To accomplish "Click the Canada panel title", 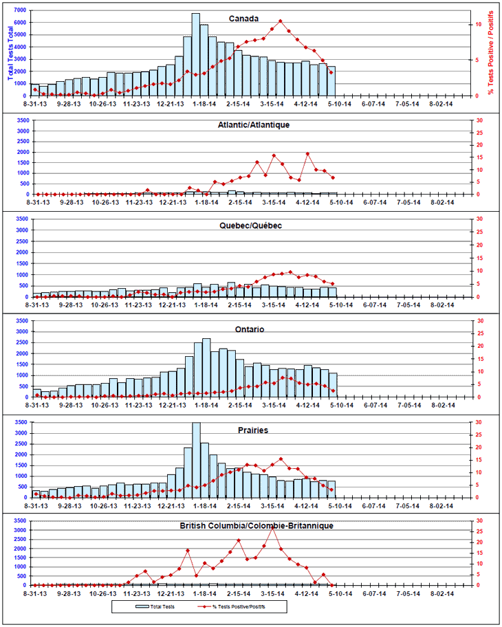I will click(x=244, y=19).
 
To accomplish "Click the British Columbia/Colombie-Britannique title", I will click(x=255, y=525).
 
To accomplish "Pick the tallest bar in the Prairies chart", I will click(x=195, y=459).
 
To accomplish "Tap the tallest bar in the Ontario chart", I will click(x=206, y=368).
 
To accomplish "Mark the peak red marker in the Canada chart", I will click(x=281, y=21).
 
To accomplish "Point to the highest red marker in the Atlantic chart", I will click(x=307, y=153).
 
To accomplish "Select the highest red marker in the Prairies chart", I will click(x=281, y=459).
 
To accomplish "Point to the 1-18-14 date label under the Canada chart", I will click(x=205, y=104).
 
